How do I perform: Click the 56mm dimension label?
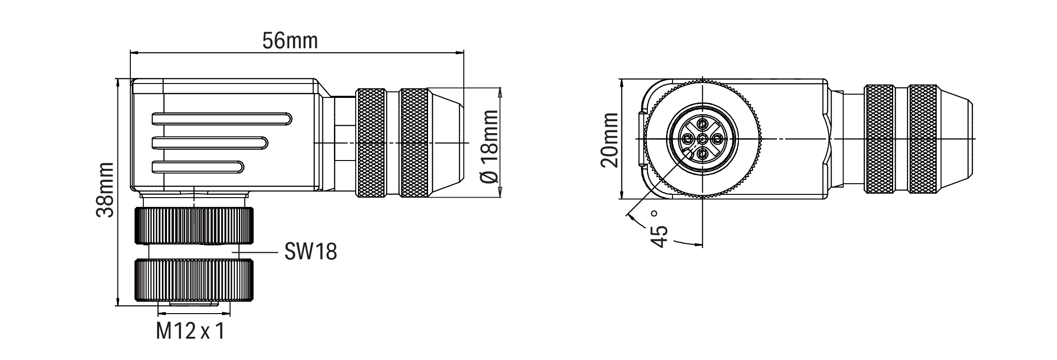(290, 41)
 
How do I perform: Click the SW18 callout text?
(310, 252)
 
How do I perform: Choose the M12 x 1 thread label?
(190, 331)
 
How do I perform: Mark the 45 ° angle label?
(660, 229)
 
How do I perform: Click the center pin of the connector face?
(702, 139)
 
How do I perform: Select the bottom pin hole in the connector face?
(702, 153)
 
